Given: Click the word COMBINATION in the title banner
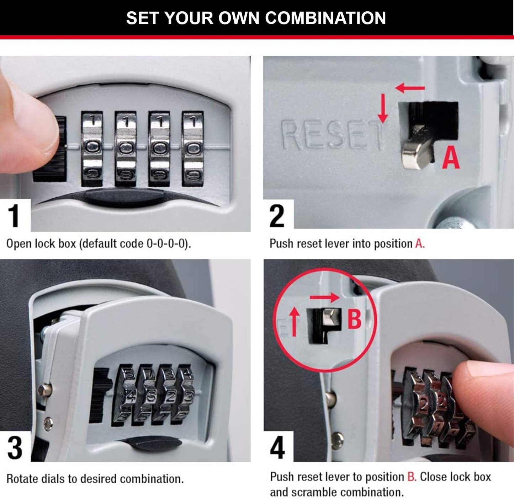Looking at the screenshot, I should click(325, 18).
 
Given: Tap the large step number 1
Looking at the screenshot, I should click(14, 215).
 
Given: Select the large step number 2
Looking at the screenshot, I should click(277, 215).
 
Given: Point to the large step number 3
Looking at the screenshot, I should click(15, 447).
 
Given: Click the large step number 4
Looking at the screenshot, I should click(277, 447).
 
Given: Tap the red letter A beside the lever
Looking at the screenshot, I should click(451, 158).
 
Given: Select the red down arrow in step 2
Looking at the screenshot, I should click(383, 108).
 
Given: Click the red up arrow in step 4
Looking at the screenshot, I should click(294, 322).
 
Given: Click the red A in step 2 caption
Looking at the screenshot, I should click(419, 244).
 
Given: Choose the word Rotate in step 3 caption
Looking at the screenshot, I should click(22, 479).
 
